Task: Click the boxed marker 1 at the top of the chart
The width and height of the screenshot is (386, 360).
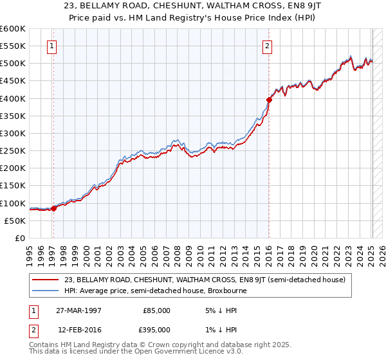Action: pos(51,46)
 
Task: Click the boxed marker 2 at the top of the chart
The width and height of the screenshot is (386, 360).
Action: pos(266,46)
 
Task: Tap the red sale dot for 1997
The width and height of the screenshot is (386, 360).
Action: pos(54,208)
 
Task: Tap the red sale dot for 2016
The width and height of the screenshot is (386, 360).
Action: pos(269,100)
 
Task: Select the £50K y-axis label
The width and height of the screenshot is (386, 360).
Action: pos(15,221)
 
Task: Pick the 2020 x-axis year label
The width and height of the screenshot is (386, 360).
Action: pos(314,253)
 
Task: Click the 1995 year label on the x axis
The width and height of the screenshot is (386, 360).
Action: pos(30,253)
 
